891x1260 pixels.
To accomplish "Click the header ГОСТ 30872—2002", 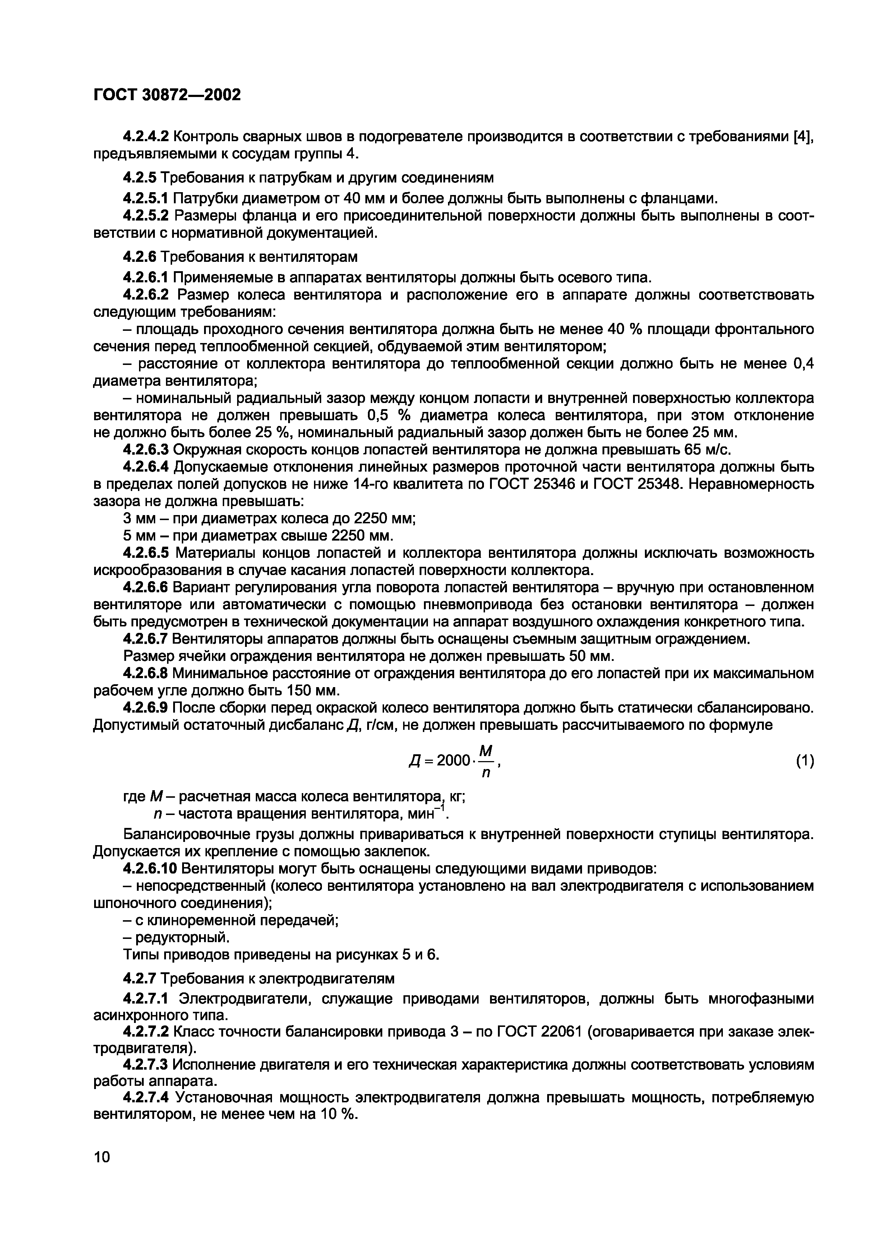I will point(167,95).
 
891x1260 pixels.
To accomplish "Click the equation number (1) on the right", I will point(804,761).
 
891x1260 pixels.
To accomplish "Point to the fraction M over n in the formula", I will point(485,761).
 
